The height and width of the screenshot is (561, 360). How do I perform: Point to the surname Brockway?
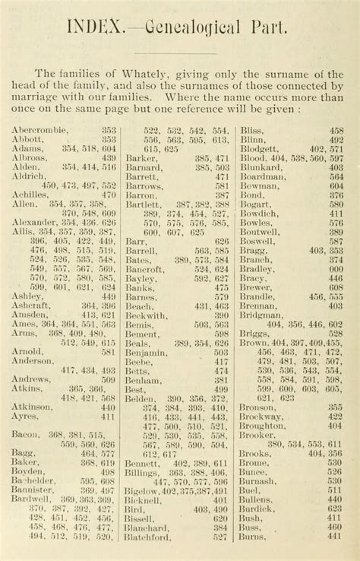(265, 417)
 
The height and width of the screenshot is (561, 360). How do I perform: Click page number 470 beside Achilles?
(109, 195)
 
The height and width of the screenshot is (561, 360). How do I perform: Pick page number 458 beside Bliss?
(336, 130)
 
